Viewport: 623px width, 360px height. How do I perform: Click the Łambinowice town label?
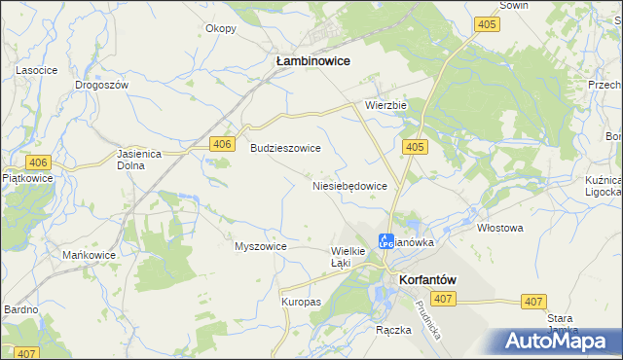[312, 60]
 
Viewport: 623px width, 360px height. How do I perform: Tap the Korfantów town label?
[428, 279]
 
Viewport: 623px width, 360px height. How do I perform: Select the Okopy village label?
[221, 28]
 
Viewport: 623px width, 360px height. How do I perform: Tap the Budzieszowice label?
[286, 149]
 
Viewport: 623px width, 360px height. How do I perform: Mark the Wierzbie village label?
[385, 104]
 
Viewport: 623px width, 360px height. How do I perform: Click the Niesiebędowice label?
[350, 185]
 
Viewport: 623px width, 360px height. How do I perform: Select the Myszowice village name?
[260, 246]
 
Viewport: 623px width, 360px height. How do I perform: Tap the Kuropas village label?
[301, 302]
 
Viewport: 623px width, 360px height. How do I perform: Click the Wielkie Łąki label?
[348, 257]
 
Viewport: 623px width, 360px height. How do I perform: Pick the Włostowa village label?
[500, 229]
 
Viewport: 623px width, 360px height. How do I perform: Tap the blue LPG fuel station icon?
[385, 239]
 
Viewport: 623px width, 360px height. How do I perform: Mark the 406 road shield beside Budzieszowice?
[223, 144]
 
